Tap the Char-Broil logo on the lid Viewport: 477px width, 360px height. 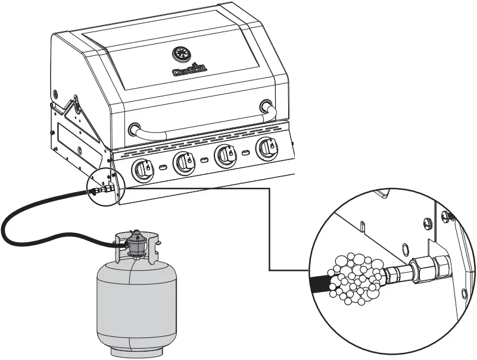coord(189,71)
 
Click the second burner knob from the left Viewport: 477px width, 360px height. coord(183,161)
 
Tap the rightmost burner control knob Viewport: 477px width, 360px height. coord(266,148)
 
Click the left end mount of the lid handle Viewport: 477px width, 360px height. coord(134,129)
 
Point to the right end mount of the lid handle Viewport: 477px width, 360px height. coord(266,107)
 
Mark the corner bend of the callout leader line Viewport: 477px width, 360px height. coord(271,189)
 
